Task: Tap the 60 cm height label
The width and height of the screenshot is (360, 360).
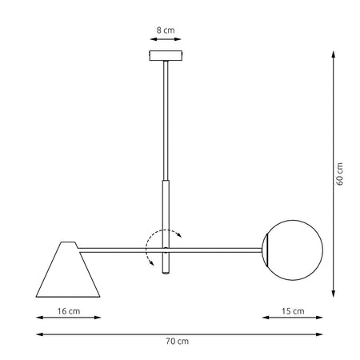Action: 339,174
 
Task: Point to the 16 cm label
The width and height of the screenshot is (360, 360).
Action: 68,310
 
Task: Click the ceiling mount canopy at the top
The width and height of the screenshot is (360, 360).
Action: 166,57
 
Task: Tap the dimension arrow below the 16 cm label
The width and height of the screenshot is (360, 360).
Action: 68,318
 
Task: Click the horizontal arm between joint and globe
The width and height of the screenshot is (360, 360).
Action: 216,248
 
